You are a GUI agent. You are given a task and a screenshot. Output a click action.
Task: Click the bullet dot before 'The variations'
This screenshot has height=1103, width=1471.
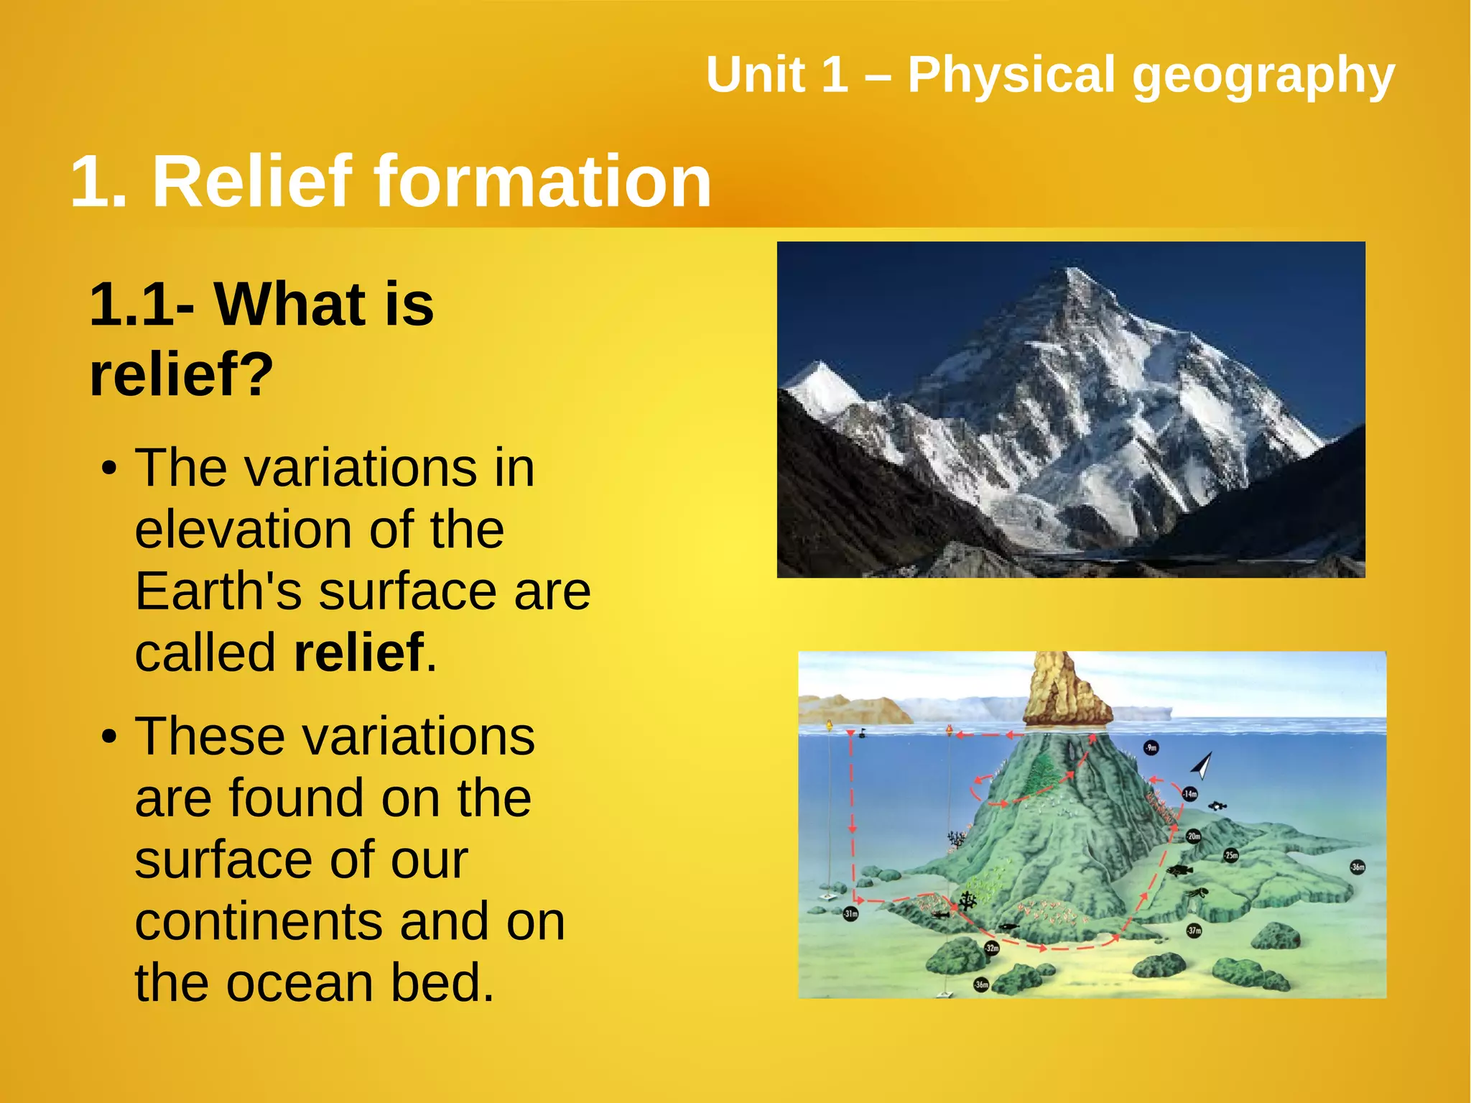[x=108, y=469]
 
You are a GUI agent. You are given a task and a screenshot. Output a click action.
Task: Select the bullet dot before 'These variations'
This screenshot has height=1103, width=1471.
[x=108, y=738]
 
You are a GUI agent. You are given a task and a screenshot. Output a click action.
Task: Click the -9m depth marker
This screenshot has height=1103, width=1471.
[x=1151, y=748]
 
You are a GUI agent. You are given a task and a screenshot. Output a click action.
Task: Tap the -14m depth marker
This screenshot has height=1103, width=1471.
[x=1190, y=794]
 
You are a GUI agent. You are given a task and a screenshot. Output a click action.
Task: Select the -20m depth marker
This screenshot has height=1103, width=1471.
[x=1193, y=836]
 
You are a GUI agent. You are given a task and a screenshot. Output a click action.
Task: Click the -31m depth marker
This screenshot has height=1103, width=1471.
[x=850, y=914]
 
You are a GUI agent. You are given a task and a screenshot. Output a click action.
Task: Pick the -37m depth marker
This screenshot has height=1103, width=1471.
[x=1194, y=930]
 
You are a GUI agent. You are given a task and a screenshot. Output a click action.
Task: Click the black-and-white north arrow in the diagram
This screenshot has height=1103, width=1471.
[x=1203, y=766]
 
